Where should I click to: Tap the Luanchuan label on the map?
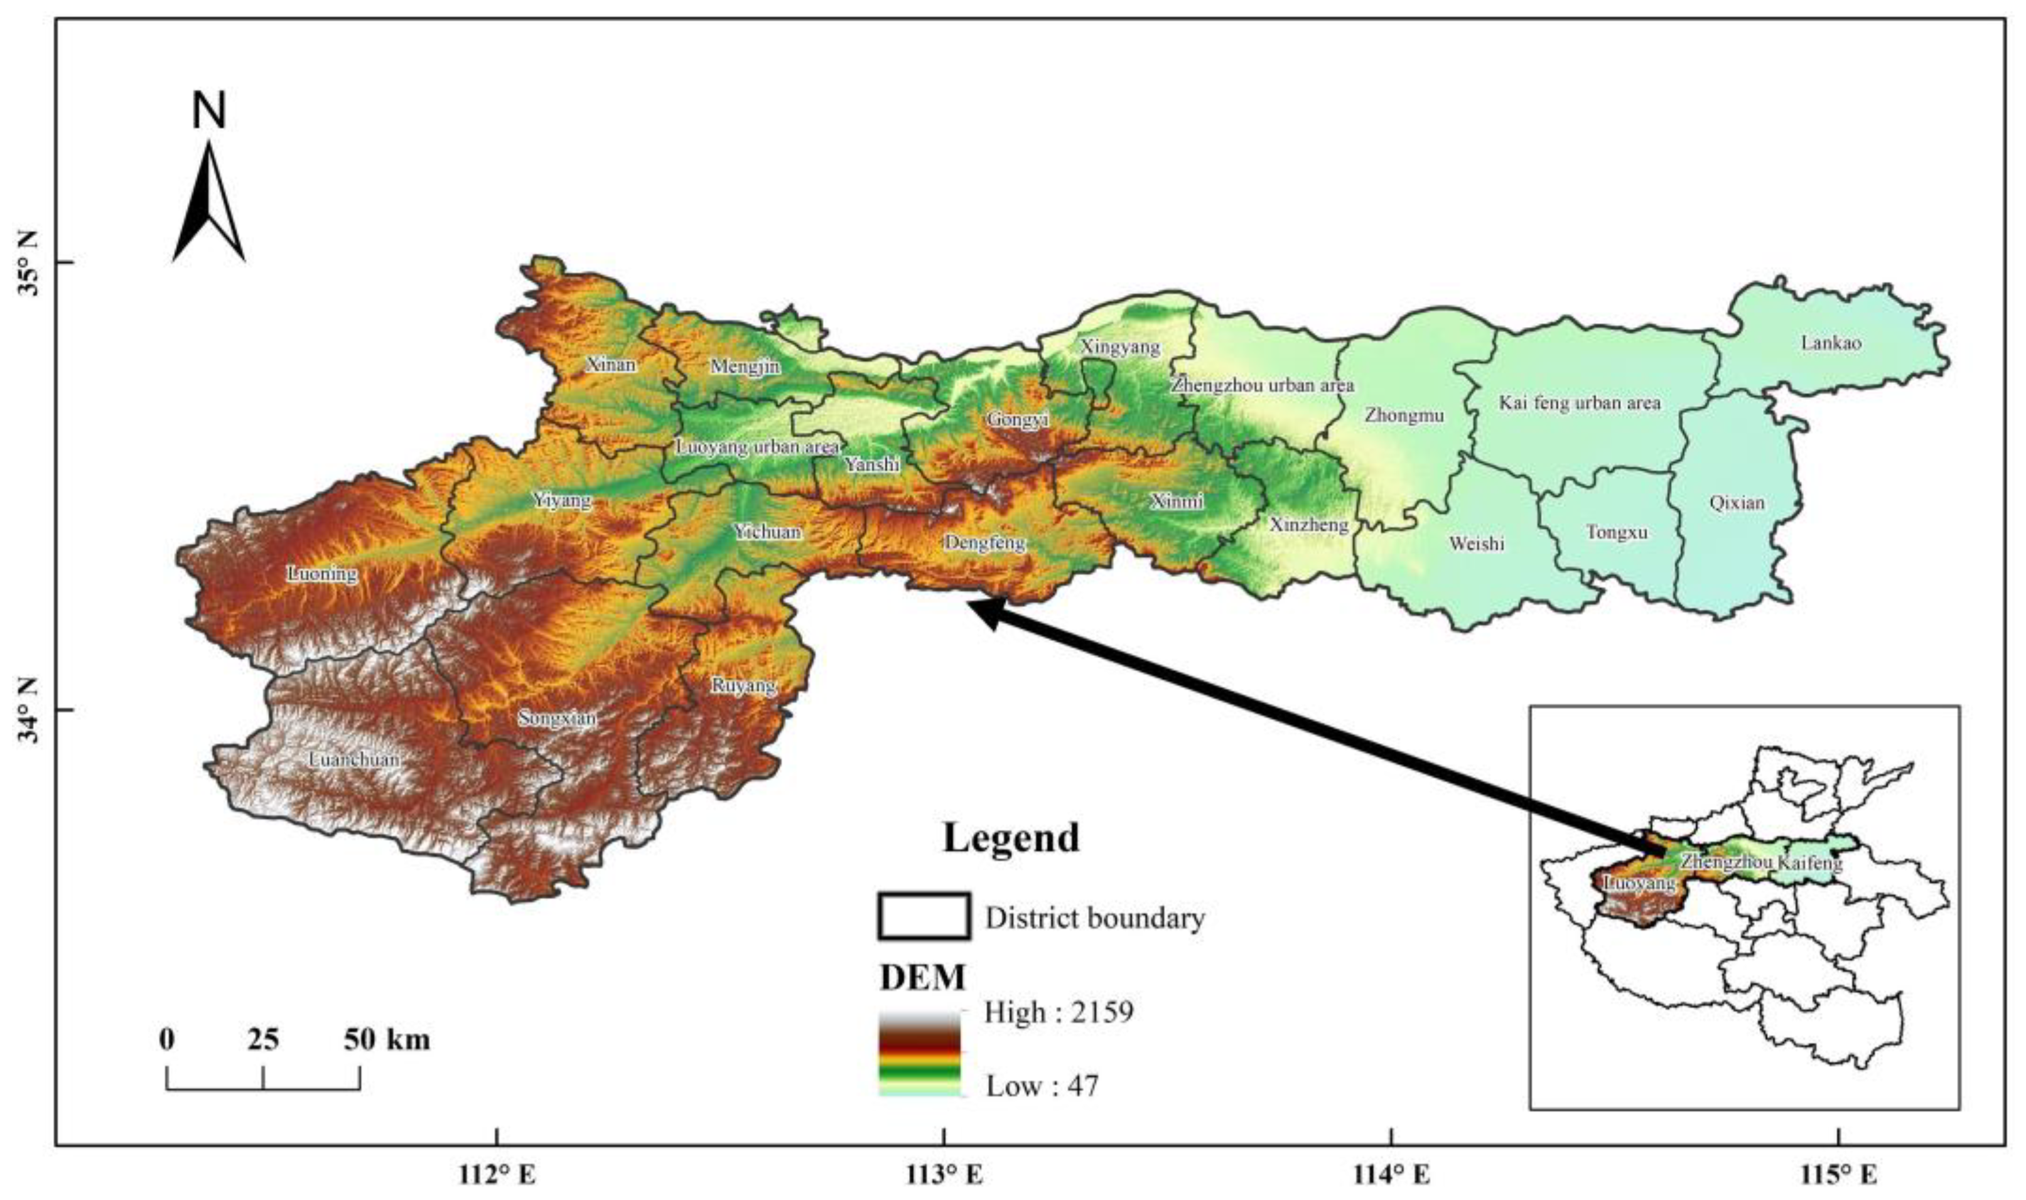(x=354, y=759)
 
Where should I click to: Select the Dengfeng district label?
(x=984, y=543)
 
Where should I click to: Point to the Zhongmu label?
(x=1404, y=415)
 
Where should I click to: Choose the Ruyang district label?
(x=743, y=686)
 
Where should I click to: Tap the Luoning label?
(x=322, y=574)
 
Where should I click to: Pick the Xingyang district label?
(x=1120, y=347)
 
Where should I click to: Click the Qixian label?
(x=1737, y=502)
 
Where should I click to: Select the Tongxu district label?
(x=1617, y=532)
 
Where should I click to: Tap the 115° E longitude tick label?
(x=1839, y=1174)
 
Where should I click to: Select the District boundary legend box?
(x=924, y=916)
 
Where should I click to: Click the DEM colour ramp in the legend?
(x=920, y=1053)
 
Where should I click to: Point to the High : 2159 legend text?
(x=1058, y=1012)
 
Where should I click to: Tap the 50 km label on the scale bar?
(x=387, y=1039)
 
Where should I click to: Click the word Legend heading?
(x=1011, y=838)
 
